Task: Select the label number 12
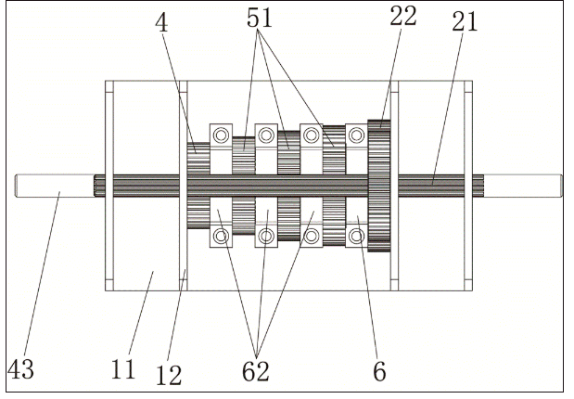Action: click(170, 373)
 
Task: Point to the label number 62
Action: click(256, 371)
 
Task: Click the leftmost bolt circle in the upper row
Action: click(222, 136)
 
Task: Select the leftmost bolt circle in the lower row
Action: click(222, 237)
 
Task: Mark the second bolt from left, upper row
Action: click(266, 136)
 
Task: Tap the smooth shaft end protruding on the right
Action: click(524, 187)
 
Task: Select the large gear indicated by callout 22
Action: click(379, 186)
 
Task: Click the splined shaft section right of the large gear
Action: click(436, 187)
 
